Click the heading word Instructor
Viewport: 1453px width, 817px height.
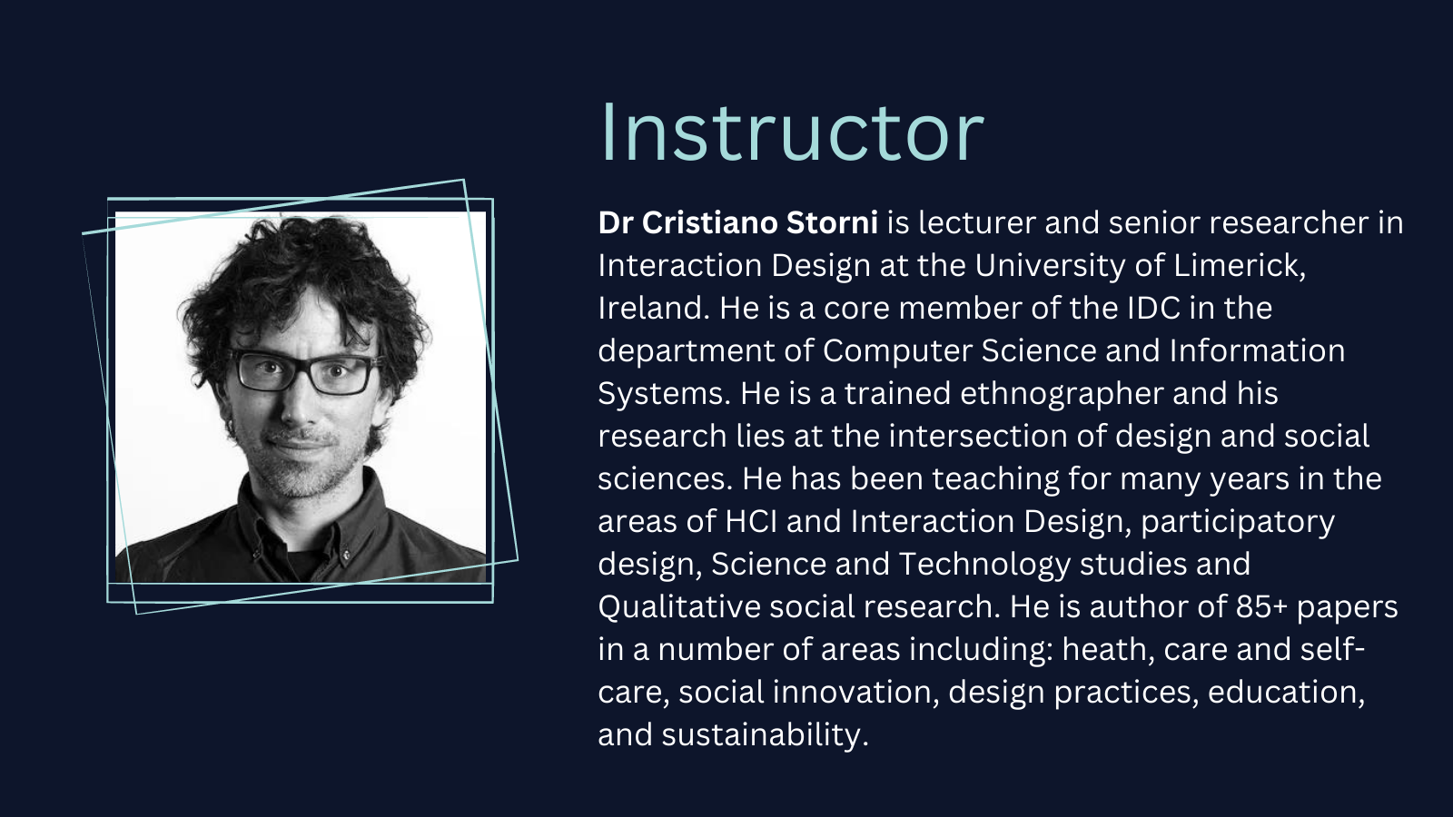(x=792, y=133)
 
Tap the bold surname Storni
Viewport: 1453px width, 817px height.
(x=832, y=223)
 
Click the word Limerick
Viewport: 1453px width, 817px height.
(x=1240, y=266)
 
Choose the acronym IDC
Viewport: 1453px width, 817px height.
(x=1153, y=308)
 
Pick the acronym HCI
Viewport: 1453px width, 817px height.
(x=750, y=521)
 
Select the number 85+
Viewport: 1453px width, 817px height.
(x=1261, y=607)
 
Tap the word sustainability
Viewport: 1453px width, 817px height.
(x=765, y=735)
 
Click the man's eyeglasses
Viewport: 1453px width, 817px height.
(x=303, y=372)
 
